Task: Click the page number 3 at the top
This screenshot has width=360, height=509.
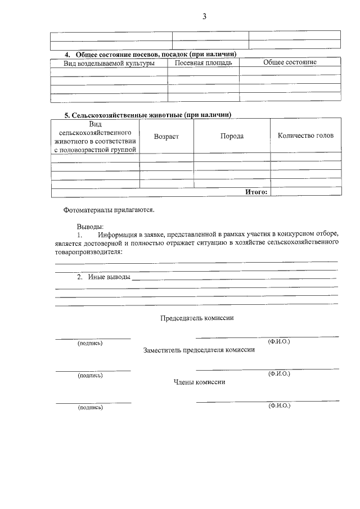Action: click(x=205, y=17)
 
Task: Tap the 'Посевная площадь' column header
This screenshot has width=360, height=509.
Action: click(x=203, y=62)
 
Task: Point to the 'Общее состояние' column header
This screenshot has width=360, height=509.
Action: click(x=290, y=62)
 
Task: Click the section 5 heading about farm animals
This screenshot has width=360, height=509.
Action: click(x=148, y=115)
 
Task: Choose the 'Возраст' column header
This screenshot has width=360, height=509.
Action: click(x=166, y=136)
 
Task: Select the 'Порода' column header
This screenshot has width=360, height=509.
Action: click(x=232, y=136)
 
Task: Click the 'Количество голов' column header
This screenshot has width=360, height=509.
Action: click(x=305, y=136)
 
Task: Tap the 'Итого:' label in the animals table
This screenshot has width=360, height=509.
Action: click(x=256, y=192)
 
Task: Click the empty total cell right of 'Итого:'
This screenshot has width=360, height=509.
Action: click(x=305, y=192)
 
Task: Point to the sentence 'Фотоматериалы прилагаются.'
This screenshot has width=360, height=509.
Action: click(x=109, y=210)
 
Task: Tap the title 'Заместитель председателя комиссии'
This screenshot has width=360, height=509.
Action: click(x=199, y=350)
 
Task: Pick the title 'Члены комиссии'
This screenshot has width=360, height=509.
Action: click(x=199, y=382)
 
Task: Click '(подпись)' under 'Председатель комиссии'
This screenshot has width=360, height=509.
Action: click(x=90, y=343)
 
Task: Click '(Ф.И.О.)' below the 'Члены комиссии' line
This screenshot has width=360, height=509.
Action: click(x=279, y=405)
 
